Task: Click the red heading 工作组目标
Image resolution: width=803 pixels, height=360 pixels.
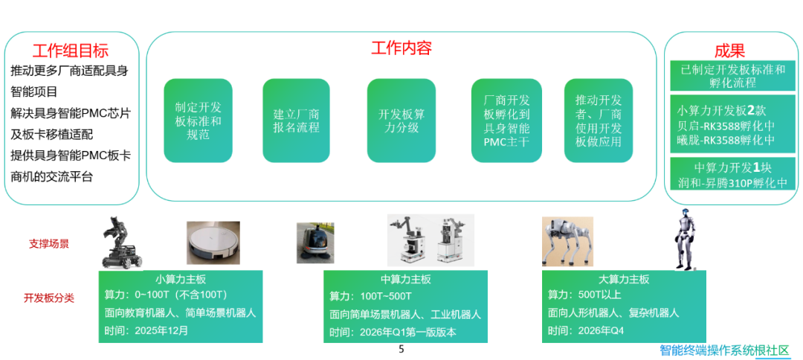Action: [71, 51]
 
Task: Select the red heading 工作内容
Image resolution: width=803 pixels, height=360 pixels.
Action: [401, 48]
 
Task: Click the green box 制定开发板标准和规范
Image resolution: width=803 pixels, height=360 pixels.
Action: [198, 120]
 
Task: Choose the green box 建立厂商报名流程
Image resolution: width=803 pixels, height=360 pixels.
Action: [296, 120]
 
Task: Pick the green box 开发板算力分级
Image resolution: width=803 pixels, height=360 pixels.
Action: [401, 120]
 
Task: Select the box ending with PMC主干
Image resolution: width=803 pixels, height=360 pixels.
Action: [506, 120]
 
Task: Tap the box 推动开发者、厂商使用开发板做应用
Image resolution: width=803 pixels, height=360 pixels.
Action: [598, 120]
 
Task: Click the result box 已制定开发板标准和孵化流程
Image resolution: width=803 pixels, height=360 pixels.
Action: [733, 77]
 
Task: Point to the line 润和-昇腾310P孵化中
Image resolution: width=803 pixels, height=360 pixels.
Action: [732, 183]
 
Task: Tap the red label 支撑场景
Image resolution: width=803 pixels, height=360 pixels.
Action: [48, 244]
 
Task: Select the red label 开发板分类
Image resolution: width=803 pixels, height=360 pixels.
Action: [48, 298]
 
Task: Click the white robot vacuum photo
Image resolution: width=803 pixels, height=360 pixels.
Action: [213, 242]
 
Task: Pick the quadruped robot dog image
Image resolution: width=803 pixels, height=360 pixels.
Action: [567, 241]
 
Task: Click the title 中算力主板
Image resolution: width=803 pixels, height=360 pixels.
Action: [406, 279]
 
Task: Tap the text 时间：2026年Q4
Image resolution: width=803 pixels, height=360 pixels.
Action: [586, 330]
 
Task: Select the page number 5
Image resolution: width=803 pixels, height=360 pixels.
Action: [401, 350]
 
